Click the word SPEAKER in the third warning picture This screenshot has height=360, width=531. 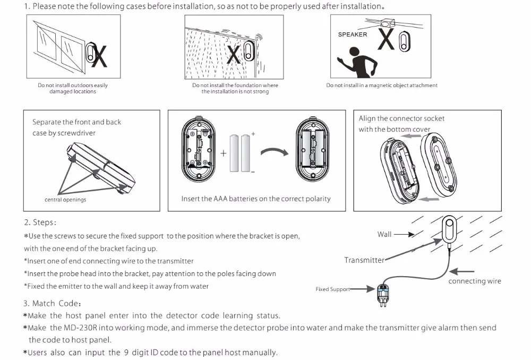[x=352, y=35]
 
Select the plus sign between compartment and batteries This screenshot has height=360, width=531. [x=223, y=153]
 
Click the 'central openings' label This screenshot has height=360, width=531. [x=65, y=200]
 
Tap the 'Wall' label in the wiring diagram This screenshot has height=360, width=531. [x=384, y=234]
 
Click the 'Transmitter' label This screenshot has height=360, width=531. [x=364, y=260]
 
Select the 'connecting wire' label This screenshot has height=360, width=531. [x=474, y=281]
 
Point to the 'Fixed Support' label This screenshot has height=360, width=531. [x=332, y=289]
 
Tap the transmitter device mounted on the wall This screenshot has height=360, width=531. [x=449, y=229]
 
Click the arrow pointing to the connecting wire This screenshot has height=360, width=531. [x=462, y=272]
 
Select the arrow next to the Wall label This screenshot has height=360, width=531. [x=404, y=234]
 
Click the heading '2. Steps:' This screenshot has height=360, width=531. [x=40, y=222]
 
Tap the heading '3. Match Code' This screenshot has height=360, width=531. [x=52, y=303]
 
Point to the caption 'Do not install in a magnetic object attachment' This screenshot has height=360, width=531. [x=382, y=85]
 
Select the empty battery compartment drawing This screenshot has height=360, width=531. [x=198, y=149]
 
